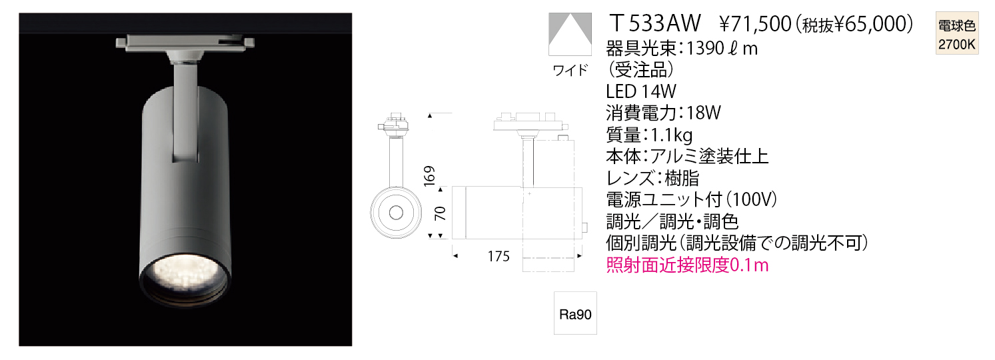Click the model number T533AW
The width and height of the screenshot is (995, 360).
[x=655, y=23]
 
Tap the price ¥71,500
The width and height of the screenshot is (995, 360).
[x=755, y=24]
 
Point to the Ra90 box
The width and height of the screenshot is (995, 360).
[x=575, y=313]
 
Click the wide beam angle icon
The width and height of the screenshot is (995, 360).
[x=570, y=34]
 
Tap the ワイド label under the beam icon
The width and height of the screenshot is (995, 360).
[x=570, y=70]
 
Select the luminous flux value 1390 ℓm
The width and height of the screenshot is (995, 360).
[x=722, y=48]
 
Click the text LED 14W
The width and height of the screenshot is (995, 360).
[x=641, y=91]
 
